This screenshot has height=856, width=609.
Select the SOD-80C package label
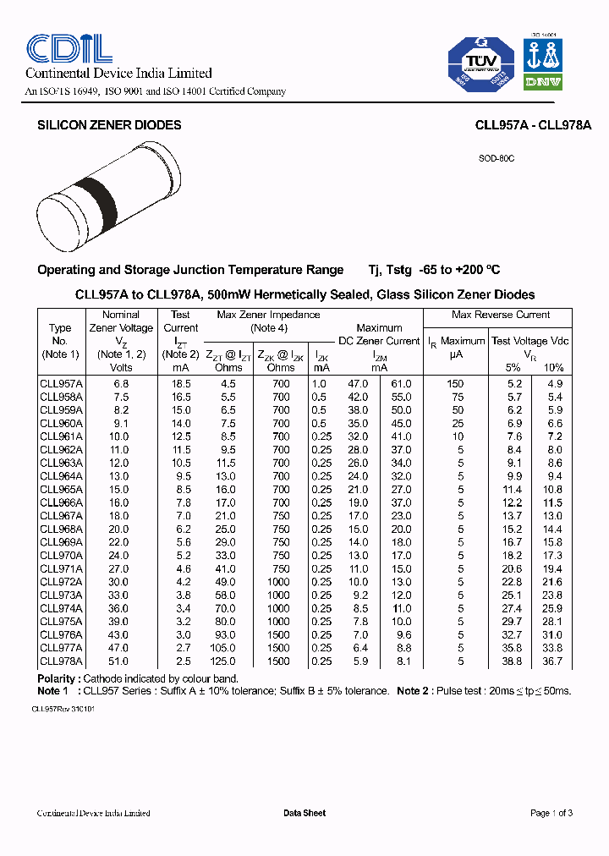497,159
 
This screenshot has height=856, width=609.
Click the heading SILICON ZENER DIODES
109,125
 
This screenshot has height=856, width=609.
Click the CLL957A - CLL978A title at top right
533,125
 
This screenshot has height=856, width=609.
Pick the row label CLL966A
61,502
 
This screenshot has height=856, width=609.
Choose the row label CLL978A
61,661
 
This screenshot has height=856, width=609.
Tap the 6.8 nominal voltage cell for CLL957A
121,383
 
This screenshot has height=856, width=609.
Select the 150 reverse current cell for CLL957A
455,383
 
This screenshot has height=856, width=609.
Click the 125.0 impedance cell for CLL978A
225,661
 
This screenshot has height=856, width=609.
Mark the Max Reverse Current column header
500,315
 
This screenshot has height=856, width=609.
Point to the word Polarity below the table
59,678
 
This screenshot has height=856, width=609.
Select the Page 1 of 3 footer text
551,813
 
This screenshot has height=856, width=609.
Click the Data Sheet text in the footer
304,813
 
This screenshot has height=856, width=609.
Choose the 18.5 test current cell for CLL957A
180,383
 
